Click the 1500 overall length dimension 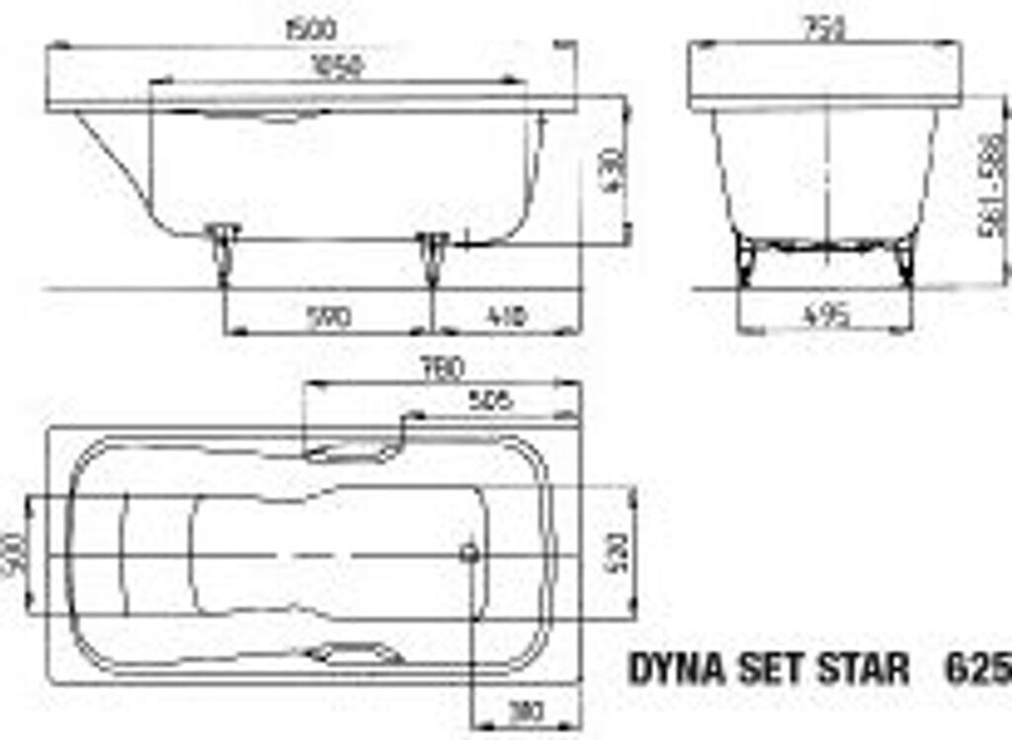(309, 30)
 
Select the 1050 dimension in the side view (336, 67)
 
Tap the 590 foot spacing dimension (328, 317)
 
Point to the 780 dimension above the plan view (442, 370)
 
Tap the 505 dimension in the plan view (491, 400)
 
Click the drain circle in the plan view (471, 552)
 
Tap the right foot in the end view (903, 259)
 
